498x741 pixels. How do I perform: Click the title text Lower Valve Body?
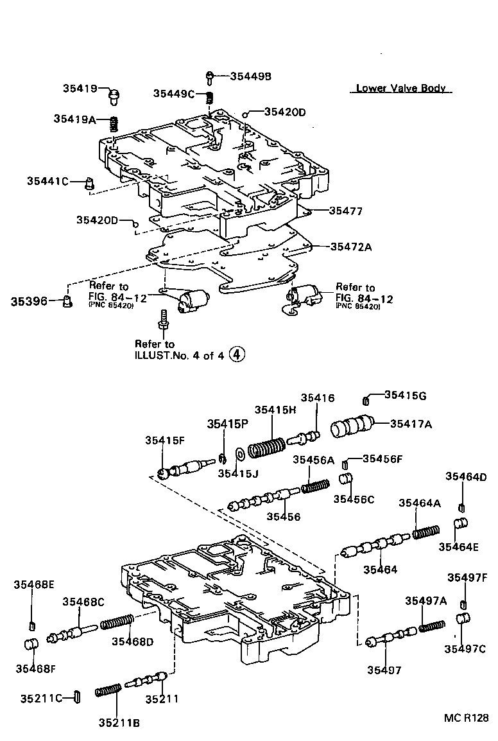[x=400, y=89]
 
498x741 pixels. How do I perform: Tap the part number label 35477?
[x=346, y=210]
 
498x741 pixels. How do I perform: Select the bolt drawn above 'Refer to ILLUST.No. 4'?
[x=163, y=319]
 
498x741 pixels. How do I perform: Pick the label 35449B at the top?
[x=251, y=76]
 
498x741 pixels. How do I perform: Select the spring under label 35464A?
[x=425, y=532]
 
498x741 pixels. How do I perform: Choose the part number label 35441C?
[x=47, y=181]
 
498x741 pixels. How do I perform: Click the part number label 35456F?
[x=382, y=458]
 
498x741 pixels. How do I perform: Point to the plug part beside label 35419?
[x=115, y=97]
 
